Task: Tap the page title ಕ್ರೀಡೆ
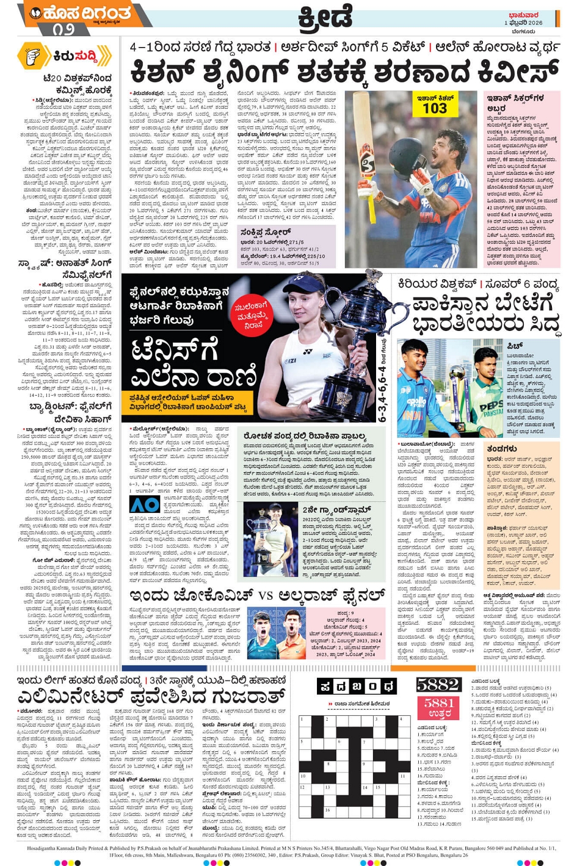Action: point(325,18)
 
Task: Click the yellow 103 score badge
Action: point(434,107)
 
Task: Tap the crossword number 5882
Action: point(438,685)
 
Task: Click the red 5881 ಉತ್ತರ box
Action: point(439,707)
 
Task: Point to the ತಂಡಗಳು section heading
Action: point(502,448)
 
